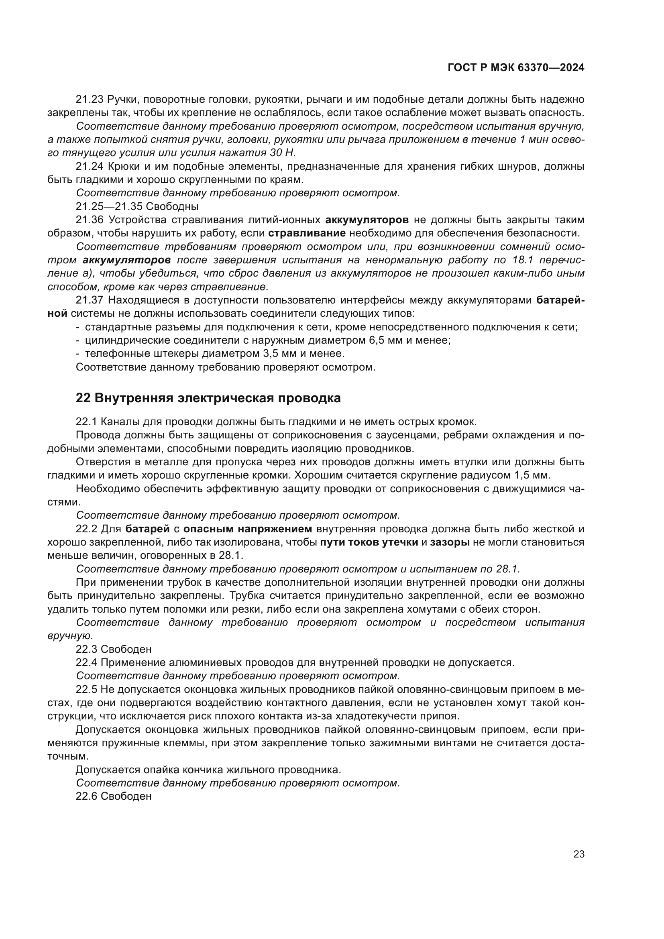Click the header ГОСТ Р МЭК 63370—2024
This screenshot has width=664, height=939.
pos(516,68)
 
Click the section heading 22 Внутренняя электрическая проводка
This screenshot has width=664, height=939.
pos(208,398)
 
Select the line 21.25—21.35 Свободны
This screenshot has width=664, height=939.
pos(137,206)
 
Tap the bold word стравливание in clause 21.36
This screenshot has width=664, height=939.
pos(307,234)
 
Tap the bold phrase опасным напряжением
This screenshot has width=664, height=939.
pos(247,529)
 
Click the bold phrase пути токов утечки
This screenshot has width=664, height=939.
pos(369,542)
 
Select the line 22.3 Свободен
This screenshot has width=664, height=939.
pos(114,649)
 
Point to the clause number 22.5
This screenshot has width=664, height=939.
pos(86,690)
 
